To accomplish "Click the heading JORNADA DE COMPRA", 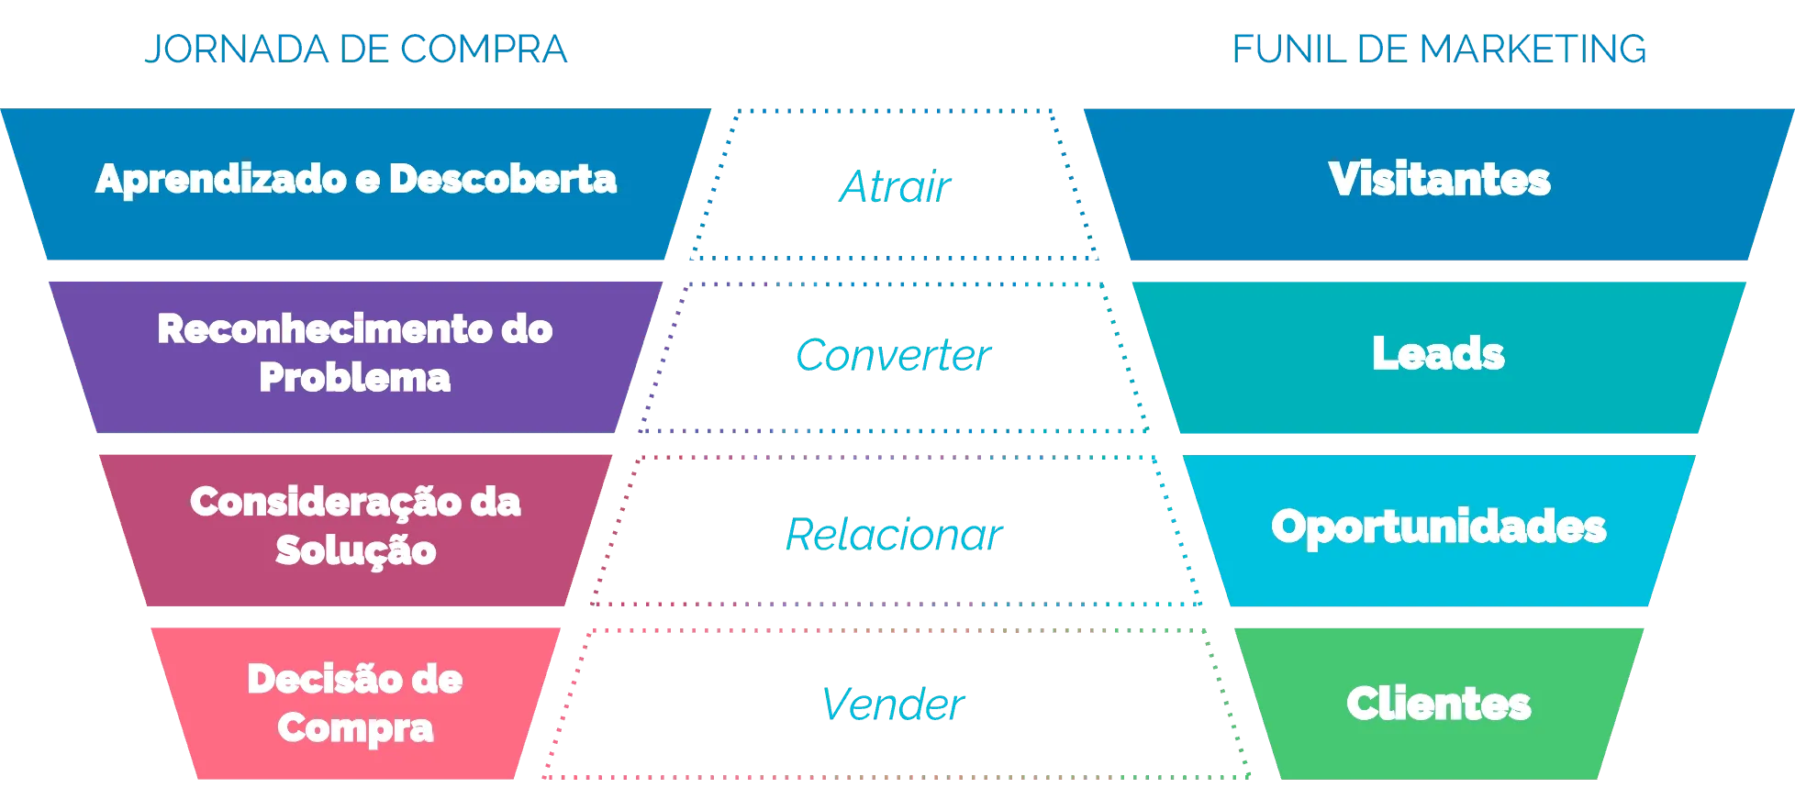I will coord(357,49).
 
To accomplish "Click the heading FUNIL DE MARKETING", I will coord(1439,49).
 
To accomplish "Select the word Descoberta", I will coord(503,179).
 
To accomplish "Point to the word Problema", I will coord(355,377).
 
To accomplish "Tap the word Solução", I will coord(355,550).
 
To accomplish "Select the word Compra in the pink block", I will coord(355,727).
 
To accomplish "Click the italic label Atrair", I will coord(896,186).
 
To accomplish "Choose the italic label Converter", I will coord(893,355).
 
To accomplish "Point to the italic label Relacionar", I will coord(894,534).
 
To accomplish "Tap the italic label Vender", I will coord(893,704).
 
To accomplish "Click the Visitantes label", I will coord(1439,179).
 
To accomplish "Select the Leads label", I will coord(1438,353).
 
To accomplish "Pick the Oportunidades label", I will coord(1438,527).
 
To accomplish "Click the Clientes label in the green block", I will coord(1438,704).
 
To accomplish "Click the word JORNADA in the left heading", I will coord(238,49).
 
